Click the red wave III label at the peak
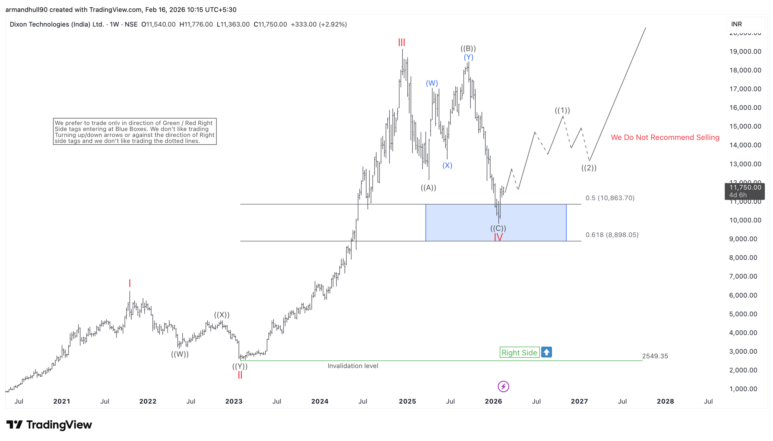pos(402,42)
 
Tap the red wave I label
pos(130,283)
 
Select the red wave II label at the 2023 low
pos(240,375)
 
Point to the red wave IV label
pos(498,237)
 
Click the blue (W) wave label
pos(432,83)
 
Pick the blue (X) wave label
pos(447,165)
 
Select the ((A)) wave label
pos(428,188)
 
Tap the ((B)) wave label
pos(468,48)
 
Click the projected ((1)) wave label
pos(562,110)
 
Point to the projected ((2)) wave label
pos(589,168)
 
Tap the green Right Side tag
pos(519,352)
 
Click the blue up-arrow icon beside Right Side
pos(547,352)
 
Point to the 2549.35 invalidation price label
pos(655,356)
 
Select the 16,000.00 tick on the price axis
pos(745,108)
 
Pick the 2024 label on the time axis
pos(320,401)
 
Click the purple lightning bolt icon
pos(503,387)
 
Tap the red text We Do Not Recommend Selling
pos(665,137)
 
